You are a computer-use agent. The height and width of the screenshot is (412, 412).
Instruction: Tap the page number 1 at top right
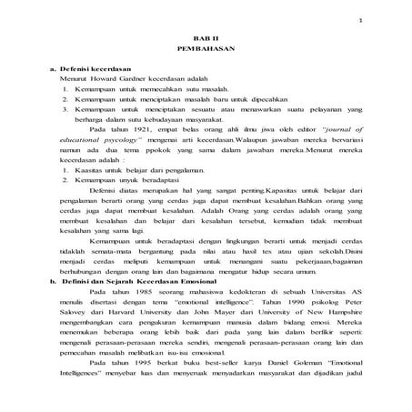click(x=361, y=19)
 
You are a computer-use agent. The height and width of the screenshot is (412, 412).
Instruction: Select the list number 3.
click(x=68, y=109)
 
